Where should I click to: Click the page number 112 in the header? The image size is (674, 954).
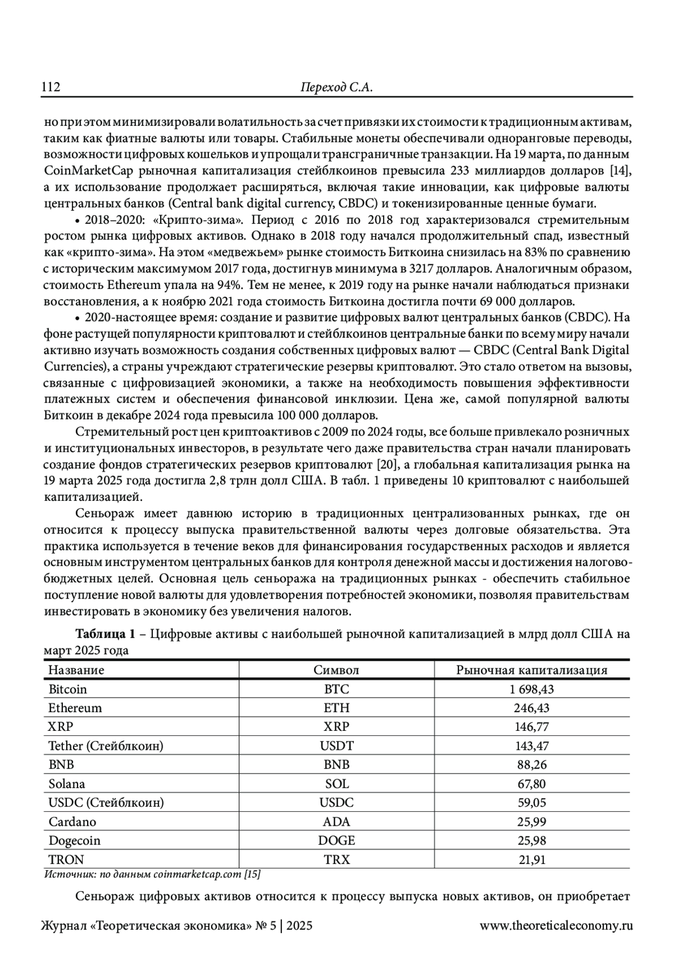click(x=50, y=87)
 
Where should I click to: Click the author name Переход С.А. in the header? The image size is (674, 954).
click(x=336, y=87)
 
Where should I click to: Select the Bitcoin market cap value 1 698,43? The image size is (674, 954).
click(x=531, y=689)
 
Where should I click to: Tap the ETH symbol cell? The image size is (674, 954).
click(x=336, y=708)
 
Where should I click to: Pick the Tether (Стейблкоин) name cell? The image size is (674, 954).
click(x=106, y=746)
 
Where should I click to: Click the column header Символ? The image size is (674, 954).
click(x=336, y=670)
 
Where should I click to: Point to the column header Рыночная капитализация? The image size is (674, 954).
click(x=531, y=670)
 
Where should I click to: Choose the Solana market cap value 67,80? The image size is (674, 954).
click(x=531, y=784)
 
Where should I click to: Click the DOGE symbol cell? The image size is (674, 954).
click(x=336, y=840)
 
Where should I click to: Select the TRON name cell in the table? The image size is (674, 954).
click(x=66, y=860)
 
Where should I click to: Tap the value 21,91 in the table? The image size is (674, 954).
click(x=531, y=860)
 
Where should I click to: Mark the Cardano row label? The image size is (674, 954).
click(x=72, y=822)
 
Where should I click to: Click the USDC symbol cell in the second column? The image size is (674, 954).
click(x=336, y=803)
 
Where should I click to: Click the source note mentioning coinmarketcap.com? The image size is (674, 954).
click(x=152, y=874)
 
